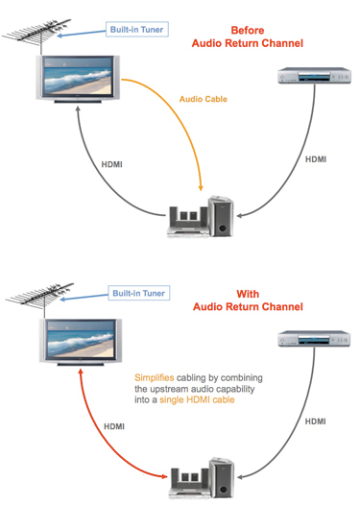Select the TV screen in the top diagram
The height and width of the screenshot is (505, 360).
[75, 76]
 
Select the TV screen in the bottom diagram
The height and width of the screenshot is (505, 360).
[75, 339]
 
